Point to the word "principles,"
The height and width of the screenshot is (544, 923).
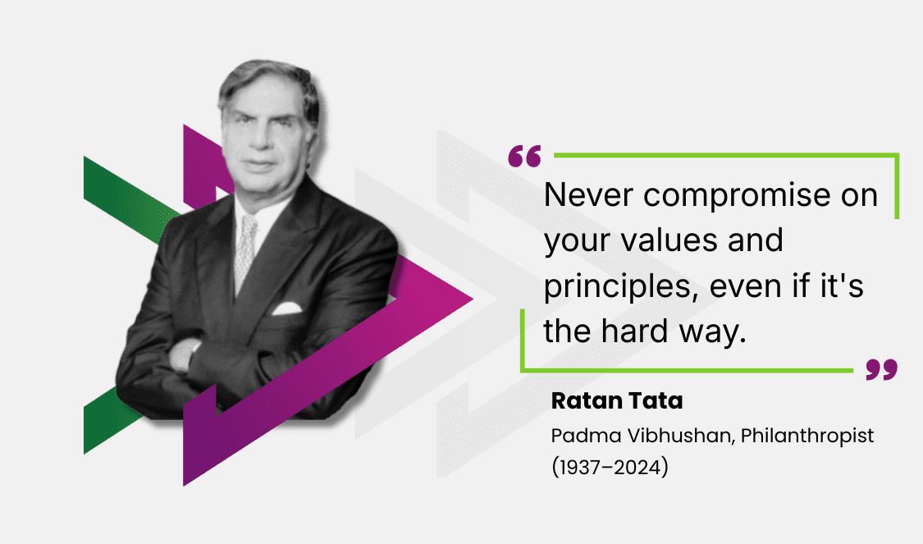(611, 287)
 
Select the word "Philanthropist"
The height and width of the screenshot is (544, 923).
(807, 436)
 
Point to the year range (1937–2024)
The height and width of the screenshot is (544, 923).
(610, 469)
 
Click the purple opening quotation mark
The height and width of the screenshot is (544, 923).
(524, 156)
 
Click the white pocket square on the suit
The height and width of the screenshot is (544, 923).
(287, 309)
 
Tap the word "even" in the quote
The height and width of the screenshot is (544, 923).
(718, 287)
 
